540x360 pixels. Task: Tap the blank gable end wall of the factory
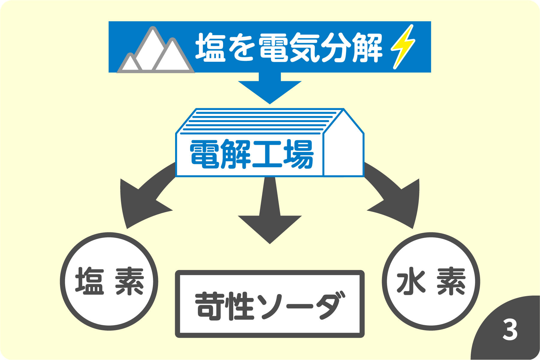(344, 150)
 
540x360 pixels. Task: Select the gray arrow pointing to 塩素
(141, 198)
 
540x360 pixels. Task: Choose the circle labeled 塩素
(109, 281)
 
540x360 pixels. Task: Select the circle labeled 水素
(431, 281)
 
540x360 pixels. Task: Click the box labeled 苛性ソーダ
(270, 304)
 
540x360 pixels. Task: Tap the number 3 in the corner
(510, 329)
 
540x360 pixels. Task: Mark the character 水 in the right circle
(410, 282)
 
